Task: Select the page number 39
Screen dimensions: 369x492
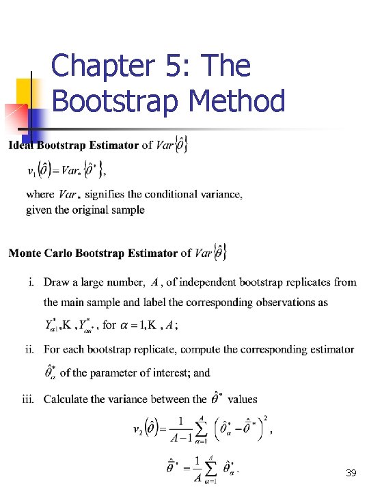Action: click(352, 474)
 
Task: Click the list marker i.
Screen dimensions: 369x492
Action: click(31, 282)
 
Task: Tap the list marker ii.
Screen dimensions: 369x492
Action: click(29, 350)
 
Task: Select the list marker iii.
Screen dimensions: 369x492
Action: click(28, 399)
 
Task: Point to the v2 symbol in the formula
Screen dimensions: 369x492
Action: click(137, 430)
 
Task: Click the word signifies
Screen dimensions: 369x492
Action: click(106, 195)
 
